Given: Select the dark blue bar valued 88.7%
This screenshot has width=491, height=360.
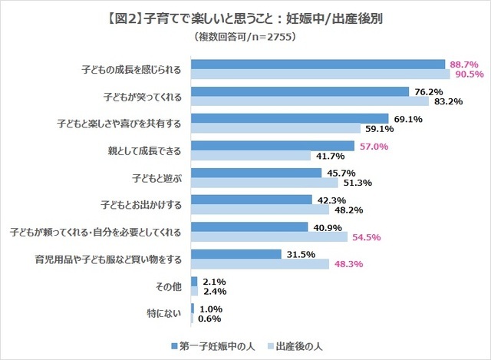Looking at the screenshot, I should [318, 64].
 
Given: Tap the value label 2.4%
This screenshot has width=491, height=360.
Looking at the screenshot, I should [217, 292].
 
